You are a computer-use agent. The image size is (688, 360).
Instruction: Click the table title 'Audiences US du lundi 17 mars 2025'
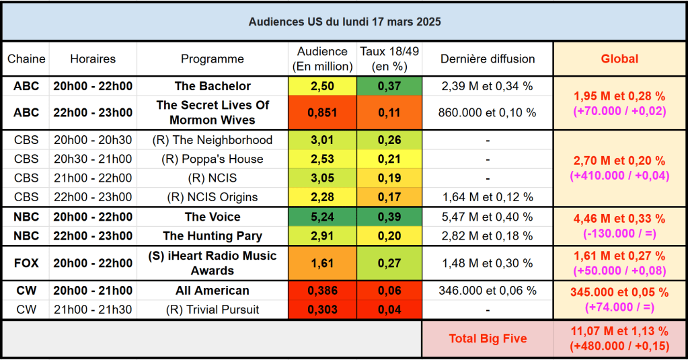tap(344, 22)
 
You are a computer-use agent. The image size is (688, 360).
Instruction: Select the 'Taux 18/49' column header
tap(388, 59)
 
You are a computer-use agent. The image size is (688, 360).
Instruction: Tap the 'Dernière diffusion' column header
tap(488, 59)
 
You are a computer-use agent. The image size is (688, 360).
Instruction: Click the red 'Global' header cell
tap(619, 59)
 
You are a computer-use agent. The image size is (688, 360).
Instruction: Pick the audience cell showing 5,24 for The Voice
tap(322, 217)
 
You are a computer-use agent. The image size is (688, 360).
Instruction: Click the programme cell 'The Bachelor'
tap(213, 86)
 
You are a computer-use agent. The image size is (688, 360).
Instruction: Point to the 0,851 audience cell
tap(322, 112)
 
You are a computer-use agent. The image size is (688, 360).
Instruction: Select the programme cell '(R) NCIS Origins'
tap(213, 197)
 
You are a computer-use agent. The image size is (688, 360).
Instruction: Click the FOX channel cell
tap(26, 263)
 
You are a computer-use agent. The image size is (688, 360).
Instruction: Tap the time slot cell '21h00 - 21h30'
tap(93, 310)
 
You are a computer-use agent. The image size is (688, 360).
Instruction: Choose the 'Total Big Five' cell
tap(488, 338)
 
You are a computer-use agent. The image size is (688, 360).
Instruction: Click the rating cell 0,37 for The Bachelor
tap(388, 86)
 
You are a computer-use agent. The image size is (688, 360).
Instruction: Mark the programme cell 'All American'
tap(213, 291)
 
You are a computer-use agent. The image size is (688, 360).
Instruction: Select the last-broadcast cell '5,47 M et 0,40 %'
tap(488, 217)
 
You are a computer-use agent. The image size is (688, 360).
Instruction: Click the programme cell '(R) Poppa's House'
tap(213, 159)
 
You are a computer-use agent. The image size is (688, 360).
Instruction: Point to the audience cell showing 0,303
tap(322, 310)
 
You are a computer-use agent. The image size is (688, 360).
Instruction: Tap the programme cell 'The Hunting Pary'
tap(213, 236)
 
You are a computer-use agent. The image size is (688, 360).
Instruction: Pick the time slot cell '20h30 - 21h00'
tap(93, 159)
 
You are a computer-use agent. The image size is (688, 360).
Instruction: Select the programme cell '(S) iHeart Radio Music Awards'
tap(213, 263)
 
